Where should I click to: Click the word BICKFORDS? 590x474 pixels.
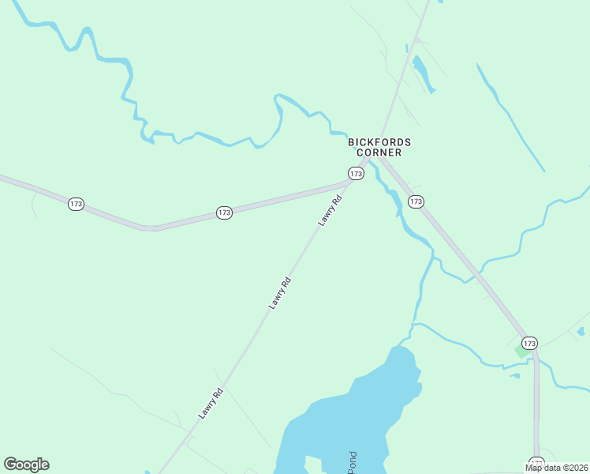[379, 142]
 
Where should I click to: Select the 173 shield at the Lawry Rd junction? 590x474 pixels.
[356, 173]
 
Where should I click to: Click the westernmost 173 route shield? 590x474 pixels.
[76, 204]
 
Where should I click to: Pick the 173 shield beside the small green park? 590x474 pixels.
[529, 343]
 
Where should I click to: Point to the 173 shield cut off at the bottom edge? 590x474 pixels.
[536, 464]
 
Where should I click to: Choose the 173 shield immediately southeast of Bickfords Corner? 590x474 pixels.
[416, 202]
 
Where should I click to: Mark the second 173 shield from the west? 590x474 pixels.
[224, 213]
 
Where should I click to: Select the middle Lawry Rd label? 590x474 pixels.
[279, 292]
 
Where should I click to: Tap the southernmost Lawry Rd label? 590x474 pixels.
[211, 403]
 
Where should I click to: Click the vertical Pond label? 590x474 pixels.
[353, 461]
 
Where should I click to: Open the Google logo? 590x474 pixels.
[26, 465]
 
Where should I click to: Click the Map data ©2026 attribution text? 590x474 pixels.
[556, 468]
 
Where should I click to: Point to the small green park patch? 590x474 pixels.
[521, 350]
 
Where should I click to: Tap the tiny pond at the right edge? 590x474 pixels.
[581, 332]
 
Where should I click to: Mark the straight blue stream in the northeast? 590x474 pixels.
[511, 118]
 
